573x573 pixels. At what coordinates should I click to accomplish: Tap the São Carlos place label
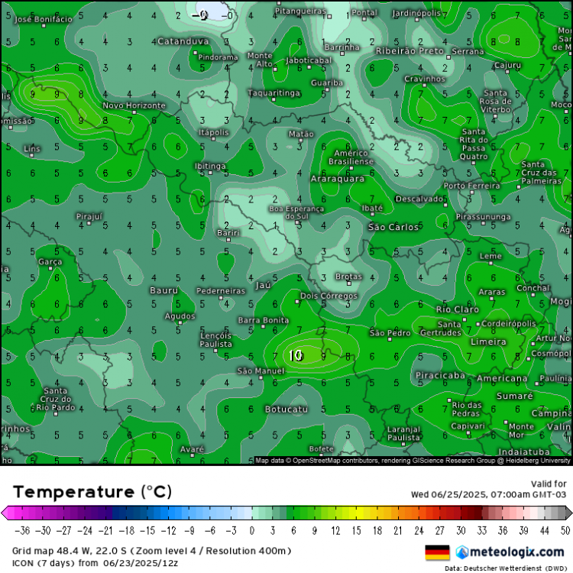click(x=393, y=227)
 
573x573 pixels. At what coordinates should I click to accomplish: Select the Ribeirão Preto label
click(x=410, y=50)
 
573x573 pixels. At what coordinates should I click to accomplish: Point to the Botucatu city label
click(x=286, y=410)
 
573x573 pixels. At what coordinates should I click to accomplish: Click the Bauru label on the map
click(x=163, y=290)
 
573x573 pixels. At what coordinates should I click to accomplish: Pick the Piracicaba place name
click(x=440, y=375)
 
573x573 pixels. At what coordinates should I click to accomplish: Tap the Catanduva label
click(x=183, y=41)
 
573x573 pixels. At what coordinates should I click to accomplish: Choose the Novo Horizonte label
click(x=134, y=105)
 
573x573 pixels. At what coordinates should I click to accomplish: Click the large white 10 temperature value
click(x=296, y=355)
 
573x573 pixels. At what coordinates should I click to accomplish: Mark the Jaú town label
click(x=264, y=284)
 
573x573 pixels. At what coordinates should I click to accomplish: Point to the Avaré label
click(x=192, y=448)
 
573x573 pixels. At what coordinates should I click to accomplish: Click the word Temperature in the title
click(x=73, y=490)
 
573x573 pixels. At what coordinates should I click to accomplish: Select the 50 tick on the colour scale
click(x=564, y=530)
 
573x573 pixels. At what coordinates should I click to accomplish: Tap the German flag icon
click(x=437, y=552)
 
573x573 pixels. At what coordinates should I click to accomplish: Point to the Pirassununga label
click(x=483, y=217)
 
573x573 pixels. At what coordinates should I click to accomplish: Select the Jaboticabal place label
click(x=309, y=60)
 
